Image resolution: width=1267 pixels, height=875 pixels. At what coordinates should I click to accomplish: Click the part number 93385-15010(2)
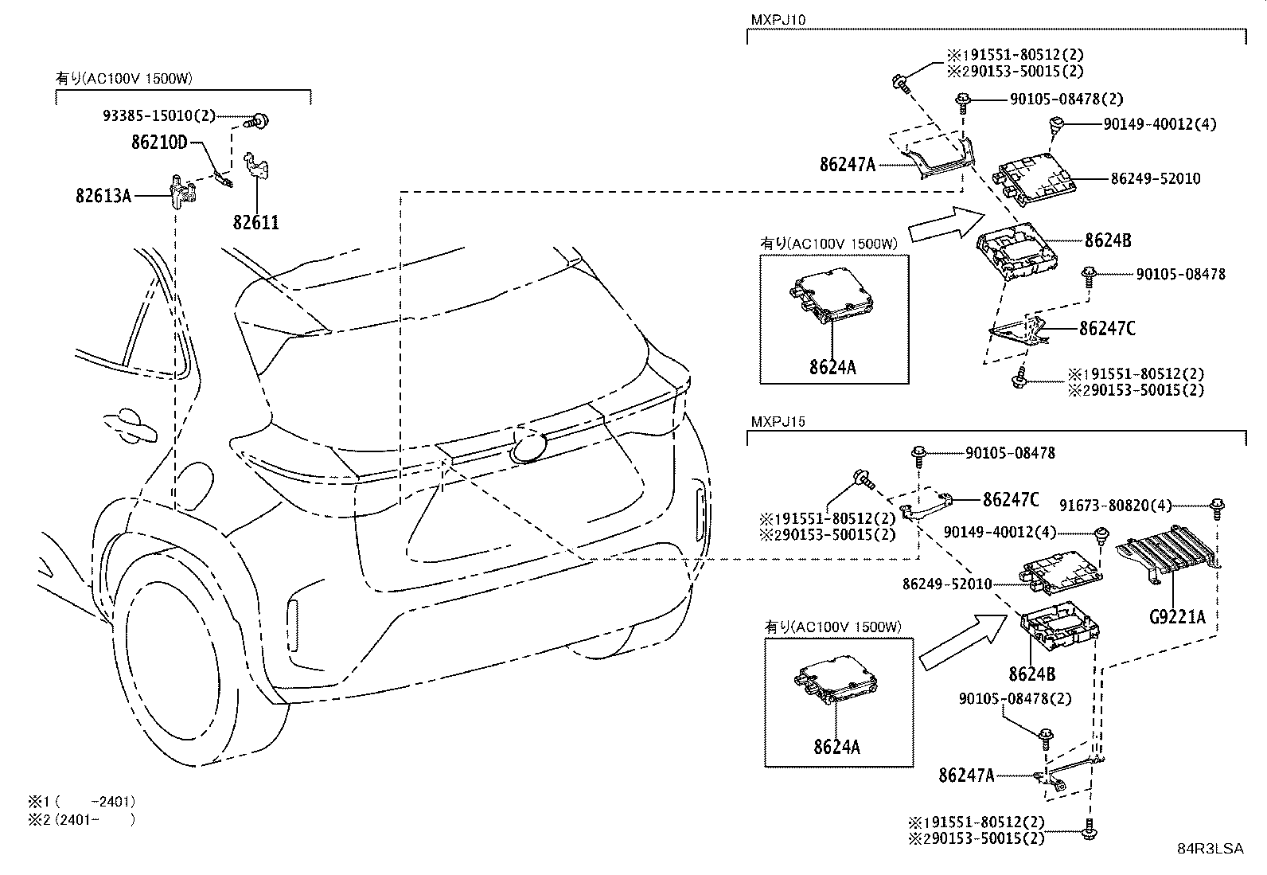click(x=159, y=116)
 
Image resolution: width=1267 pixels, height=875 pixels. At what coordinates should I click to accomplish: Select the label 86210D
click(x=159, y=142)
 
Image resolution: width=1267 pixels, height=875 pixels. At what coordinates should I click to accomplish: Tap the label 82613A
click(x=103, y=196)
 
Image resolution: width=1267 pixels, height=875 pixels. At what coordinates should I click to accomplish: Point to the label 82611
click(x=256, y=222)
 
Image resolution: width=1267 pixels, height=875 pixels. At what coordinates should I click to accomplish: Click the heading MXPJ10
click(x=778, y=19)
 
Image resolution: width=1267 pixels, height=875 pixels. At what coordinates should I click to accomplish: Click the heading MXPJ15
click(x=778, y=421)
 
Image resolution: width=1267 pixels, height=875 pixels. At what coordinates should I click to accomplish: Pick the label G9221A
click(x=1177, y=616)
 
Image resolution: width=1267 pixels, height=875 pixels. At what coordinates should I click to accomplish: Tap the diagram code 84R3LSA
click(x=1210, y=849)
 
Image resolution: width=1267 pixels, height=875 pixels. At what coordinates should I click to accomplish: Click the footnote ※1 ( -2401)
click(x=81, y=802)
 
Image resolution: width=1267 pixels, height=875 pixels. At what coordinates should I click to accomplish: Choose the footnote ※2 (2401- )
click(x=81, y=819)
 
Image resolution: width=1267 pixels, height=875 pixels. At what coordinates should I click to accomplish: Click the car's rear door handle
click(x=130, y=427)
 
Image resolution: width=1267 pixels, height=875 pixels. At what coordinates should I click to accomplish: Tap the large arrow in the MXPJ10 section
click(x=947, y=225)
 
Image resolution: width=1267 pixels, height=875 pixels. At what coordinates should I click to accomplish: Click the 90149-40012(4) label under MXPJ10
click(x=1160, y=124)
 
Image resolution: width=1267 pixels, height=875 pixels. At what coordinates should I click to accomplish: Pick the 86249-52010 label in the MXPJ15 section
click(x=947, y=584)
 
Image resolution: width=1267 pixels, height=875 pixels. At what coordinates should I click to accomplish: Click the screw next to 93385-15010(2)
click(x=258, y=120)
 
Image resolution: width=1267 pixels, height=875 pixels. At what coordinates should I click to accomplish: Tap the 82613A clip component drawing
click(x=183, y=191)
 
